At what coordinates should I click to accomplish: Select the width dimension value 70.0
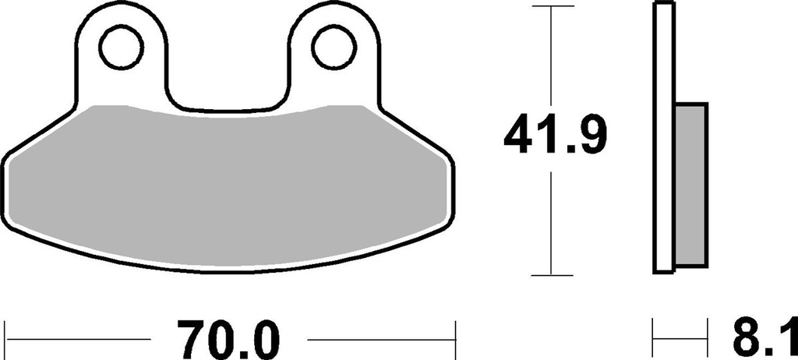(x=228, y=340)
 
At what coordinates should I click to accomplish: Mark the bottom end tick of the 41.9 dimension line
(x=552, y=274)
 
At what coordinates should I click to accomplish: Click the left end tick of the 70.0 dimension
(x=6, y=340)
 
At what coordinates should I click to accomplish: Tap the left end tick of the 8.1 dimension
(x=654, y=340)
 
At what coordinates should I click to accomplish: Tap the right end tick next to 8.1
(x=708, y=340)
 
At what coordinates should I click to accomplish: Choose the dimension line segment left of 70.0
(x=78, y=340)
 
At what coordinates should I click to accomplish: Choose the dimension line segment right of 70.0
(x=382, y=340)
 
